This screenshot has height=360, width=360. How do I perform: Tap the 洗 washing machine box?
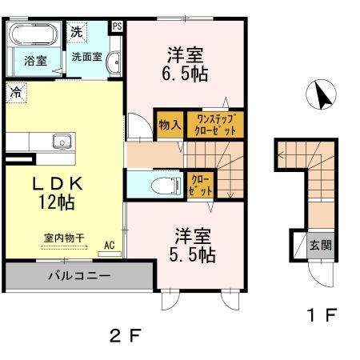coord(75,33)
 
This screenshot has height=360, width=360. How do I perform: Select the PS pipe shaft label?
coord(118,26)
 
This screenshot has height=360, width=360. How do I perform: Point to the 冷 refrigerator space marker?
coord(15,91)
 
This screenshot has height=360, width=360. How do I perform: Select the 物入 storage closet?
coord(169,126)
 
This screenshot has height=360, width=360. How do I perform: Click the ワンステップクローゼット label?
coord(214,126)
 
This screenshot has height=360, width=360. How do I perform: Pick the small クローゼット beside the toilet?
coord(199,186)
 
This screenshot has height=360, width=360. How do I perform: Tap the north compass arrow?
coord(323,96)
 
